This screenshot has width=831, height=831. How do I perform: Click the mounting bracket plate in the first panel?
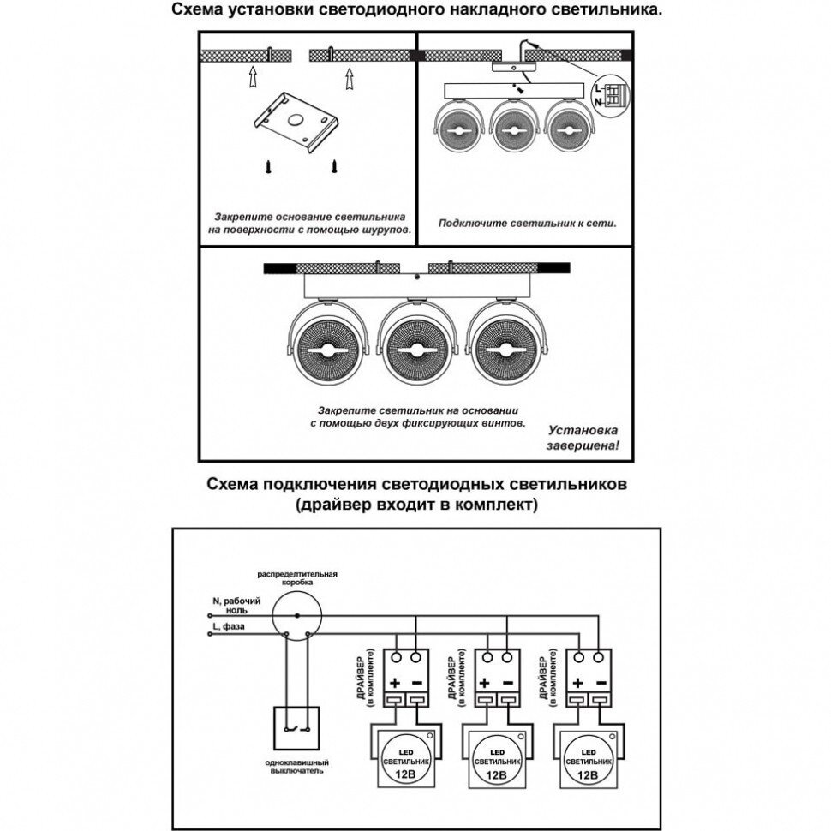tap(298, 123)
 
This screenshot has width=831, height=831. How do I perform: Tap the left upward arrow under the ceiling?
tap(252, 79)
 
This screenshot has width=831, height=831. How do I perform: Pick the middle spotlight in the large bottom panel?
tap(414, 351)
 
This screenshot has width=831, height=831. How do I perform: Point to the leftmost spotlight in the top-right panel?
tap(459, 129)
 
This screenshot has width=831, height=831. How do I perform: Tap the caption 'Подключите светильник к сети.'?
tap(528, 223)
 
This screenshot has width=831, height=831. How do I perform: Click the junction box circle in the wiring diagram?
tap(296, 615)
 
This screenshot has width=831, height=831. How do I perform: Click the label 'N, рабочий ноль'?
tap(229, 606)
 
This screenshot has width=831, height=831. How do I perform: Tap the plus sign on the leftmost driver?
tap(396, 683)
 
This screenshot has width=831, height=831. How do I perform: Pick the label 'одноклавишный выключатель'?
tap(296, 766)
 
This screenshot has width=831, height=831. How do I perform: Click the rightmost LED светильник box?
tap(588, 756)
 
